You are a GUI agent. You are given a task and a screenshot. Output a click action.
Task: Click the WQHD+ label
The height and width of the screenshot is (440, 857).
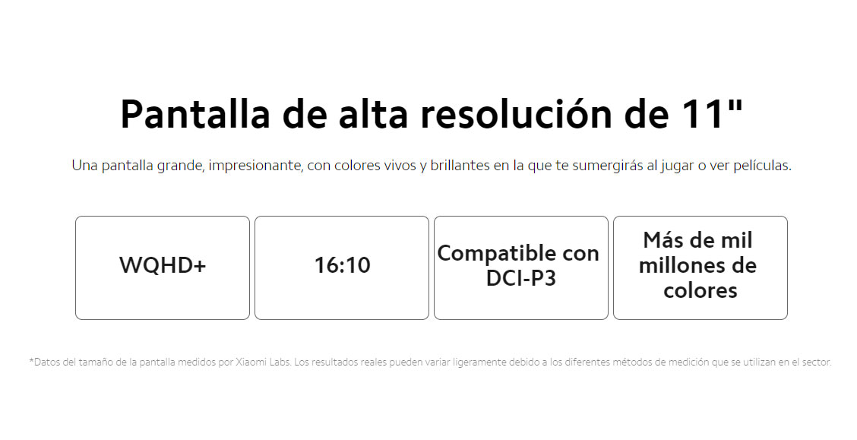(x=163, y=265)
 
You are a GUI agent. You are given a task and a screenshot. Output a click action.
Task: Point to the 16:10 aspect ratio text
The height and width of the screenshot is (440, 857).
(x=342, y=265)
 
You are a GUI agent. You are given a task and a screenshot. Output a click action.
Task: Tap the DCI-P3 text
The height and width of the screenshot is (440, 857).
(x=521, y=278)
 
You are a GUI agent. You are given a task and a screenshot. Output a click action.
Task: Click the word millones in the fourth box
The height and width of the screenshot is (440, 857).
(x=685, y=266)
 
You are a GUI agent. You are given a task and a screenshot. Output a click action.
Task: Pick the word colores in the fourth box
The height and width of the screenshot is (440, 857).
(x=700, y=291)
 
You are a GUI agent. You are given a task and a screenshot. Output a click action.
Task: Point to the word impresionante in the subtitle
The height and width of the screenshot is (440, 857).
(x=255, y=166)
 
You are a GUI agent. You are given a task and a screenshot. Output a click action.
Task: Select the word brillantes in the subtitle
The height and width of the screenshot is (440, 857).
(x=460, y=165)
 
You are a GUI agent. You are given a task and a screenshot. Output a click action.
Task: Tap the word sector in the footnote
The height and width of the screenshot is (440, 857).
(x=817, y=362)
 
